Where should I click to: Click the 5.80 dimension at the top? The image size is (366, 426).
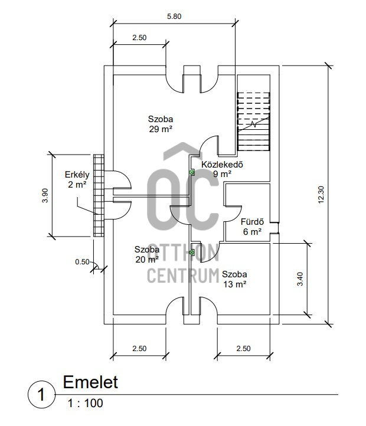coord(174,17)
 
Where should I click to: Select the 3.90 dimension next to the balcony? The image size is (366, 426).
coord(44,195)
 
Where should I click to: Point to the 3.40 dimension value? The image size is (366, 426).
coord(300,278)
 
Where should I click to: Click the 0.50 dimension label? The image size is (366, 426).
coord(83,261)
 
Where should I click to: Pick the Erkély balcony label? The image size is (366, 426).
coord(77,179)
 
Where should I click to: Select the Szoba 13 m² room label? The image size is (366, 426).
coord(234,279)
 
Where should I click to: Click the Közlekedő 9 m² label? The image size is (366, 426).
coord(222,169)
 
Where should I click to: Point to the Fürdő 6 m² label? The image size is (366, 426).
coord(251,227)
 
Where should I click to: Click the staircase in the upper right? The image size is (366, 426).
coord(254,121)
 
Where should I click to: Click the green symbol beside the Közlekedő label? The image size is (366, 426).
coord(192,172)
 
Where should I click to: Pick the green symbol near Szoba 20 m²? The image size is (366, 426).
coord(192,253)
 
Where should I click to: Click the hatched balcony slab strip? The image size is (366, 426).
coord(98,195)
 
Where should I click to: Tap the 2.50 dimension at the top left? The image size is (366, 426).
coord(139,37)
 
